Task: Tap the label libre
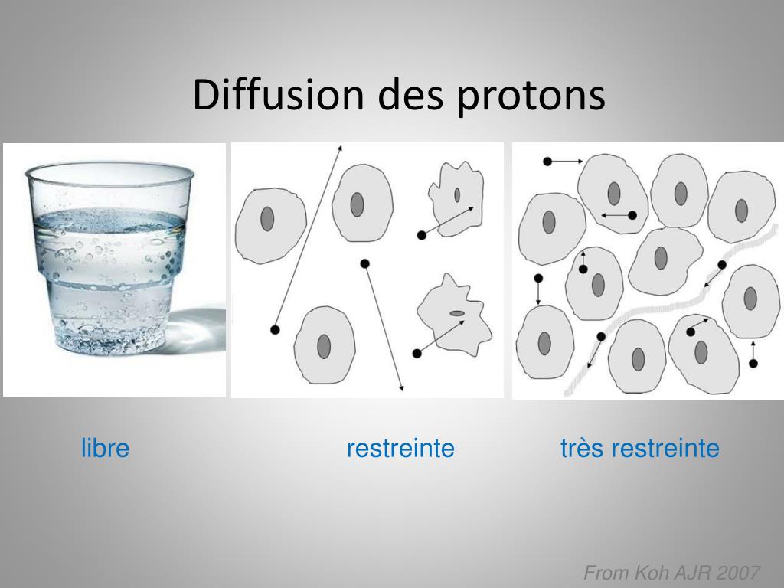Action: click(x=105, y=448)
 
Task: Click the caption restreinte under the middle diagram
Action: click(x=400, y=448)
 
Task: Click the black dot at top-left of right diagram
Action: click(x=547, y=161)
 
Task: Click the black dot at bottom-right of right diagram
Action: click(x=753, y=362)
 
